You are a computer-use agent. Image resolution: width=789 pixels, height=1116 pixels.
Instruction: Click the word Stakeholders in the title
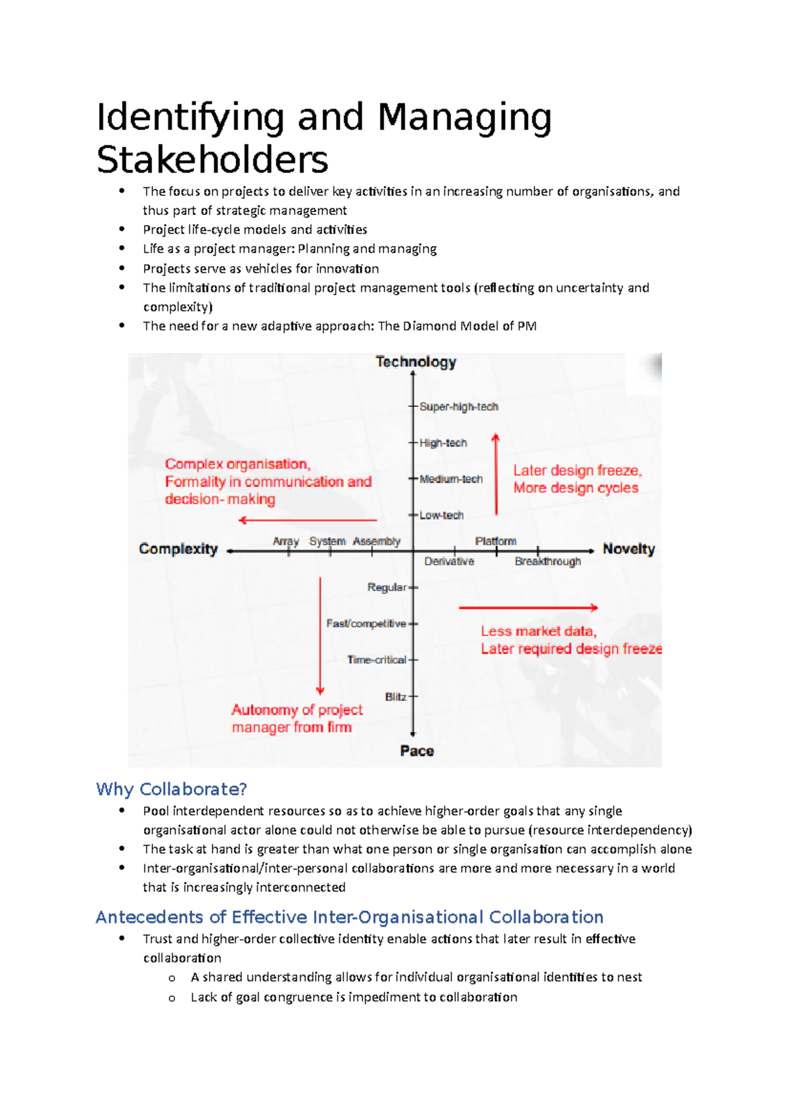tap(212, 160)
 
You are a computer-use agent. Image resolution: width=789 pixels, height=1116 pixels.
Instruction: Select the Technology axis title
tap(416, 362)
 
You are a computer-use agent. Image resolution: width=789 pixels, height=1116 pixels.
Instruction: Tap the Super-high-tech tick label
tap(458, 407)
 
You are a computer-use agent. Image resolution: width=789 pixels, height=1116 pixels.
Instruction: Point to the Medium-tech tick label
tap(450, 479)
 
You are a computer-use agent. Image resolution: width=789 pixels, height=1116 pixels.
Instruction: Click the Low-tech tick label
tap(441, 515)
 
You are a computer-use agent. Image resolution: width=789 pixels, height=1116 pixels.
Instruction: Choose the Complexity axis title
tap(178, 549)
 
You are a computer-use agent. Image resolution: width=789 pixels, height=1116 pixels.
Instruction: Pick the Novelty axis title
tap(629, 549)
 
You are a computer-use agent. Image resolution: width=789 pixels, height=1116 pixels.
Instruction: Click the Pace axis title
tap(417, 751)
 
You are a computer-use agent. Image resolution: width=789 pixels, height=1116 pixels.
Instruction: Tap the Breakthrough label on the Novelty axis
tap(548, 561)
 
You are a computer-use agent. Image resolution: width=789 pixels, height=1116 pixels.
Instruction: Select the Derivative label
tap(449, 561)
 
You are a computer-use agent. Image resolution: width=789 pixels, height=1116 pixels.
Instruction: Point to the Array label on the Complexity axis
tap(285, 541)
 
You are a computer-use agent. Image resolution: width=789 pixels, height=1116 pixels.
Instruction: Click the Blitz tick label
tap(395, 697)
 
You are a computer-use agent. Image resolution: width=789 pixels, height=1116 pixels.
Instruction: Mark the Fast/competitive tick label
tap(366, 623)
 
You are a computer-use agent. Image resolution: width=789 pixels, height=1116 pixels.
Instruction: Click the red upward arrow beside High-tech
tap(496, 473)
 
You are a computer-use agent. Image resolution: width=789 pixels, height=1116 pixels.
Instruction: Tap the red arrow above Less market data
tap(528, 608)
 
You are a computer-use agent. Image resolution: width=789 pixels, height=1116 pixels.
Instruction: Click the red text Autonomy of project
tap(297, 710)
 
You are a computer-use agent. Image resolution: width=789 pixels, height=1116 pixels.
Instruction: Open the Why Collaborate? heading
tap(171, 789)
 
